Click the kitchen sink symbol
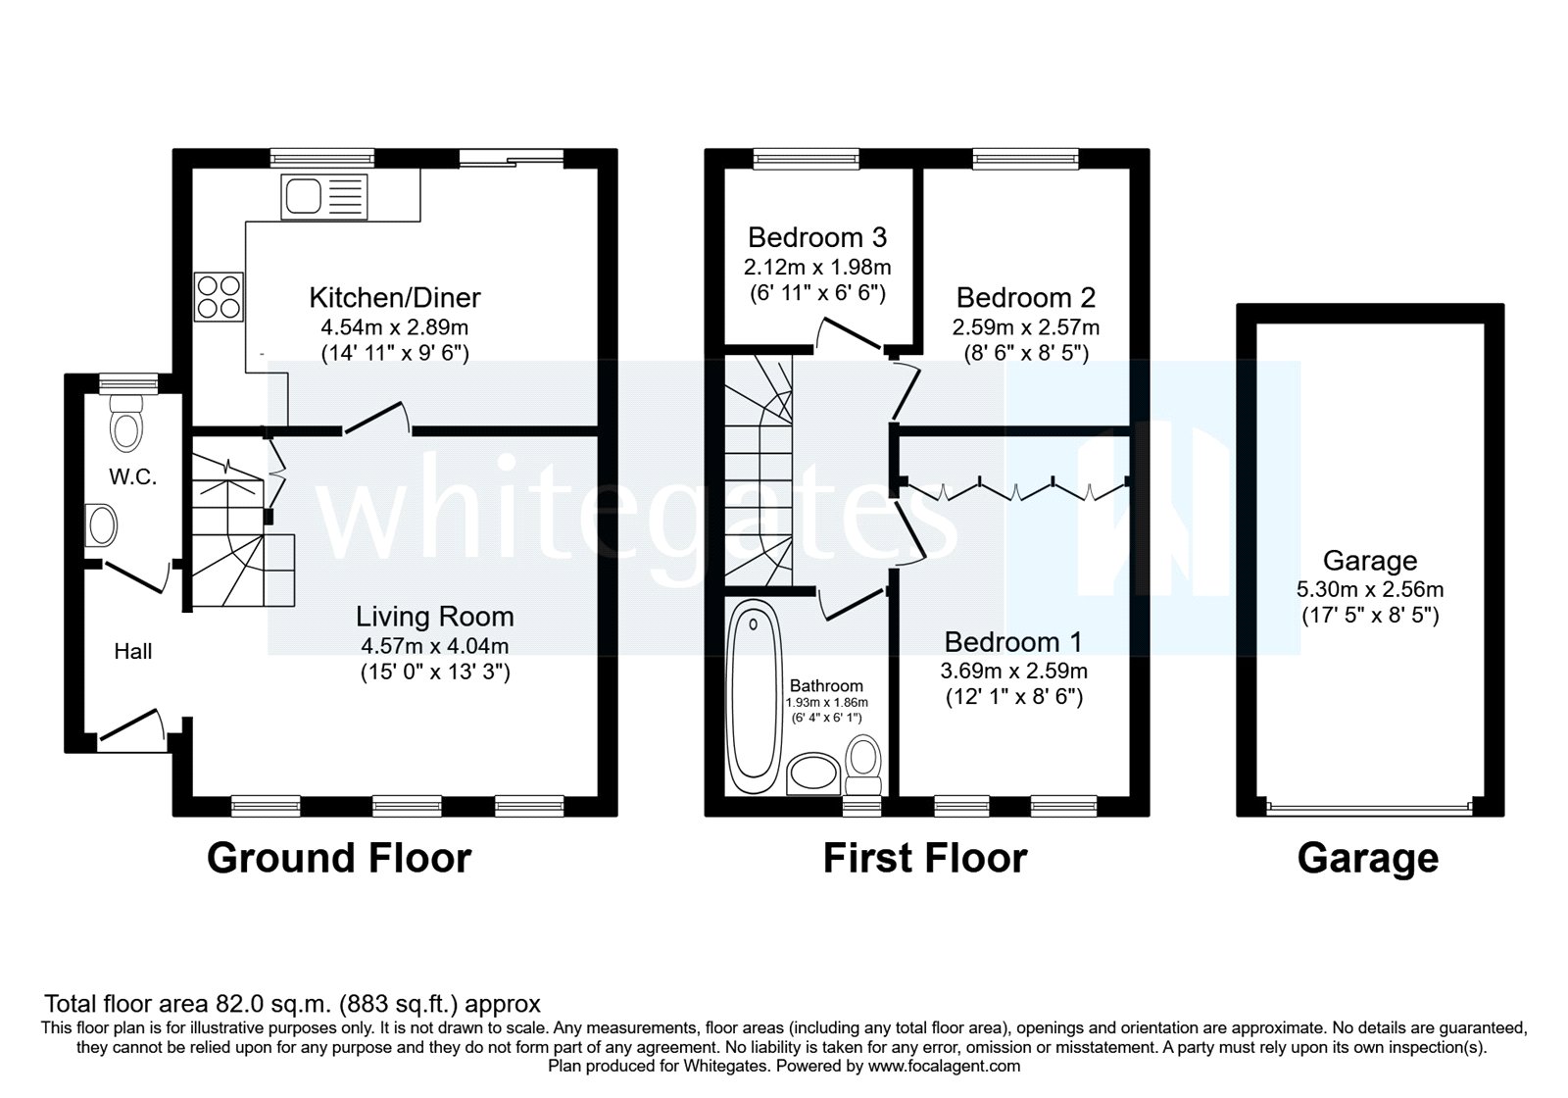point(323,197)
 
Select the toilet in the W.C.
point(126,422)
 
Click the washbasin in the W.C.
point(102,525)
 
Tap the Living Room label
point(434,617)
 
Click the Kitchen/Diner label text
point(395,297)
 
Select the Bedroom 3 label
point(816,237)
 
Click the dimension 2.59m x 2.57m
point(1025,326)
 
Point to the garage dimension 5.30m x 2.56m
point(1369,589)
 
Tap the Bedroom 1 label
point(1012,642)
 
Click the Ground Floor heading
point(339,858)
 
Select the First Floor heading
point(924,858)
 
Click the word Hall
point(132,651)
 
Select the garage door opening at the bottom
point(1369,808)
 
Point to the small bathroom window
point(861,806)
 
